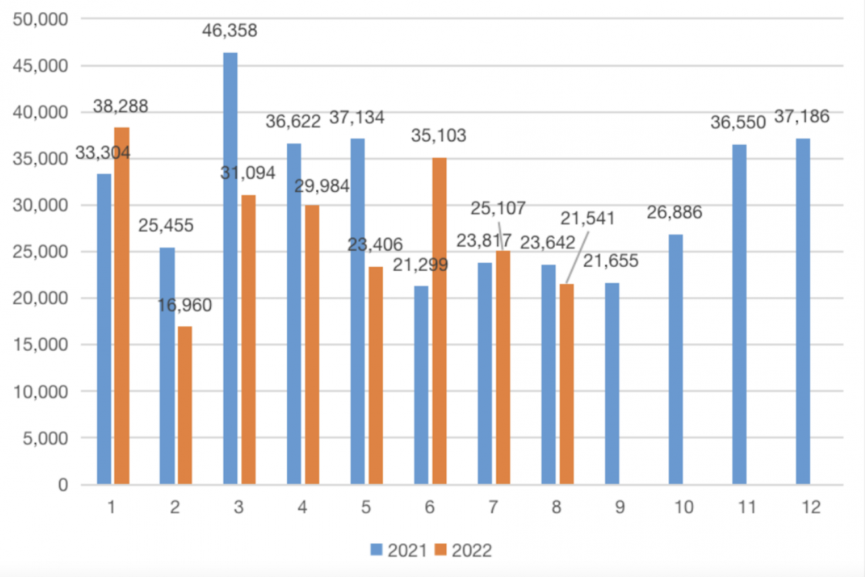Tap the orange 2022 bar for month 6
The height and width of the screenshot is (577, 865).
coord(439,321)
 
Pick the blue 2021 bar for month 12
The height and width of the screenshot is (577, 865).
coord(803,311)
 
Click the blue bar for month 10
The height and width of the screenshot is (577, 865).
coord(676,359)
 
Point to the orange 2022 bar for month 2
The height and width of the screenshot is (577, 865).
coord(185,405)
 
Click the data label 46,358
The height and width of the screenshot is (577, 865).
coord(230,30)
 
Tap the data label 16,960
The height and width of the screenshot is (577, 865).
coord(184,305)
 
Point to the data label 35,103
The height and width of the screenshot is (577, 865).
coord(439,136)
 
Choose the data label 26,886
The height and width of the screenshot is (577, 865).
coord(675,213)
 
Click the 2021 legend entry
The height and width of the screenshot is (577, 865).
coord(399,551)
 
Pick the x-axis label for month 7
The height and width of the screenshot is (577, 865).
coord(493,508)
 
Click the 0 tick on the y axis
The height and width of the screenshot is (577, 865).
coord(63,485)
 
